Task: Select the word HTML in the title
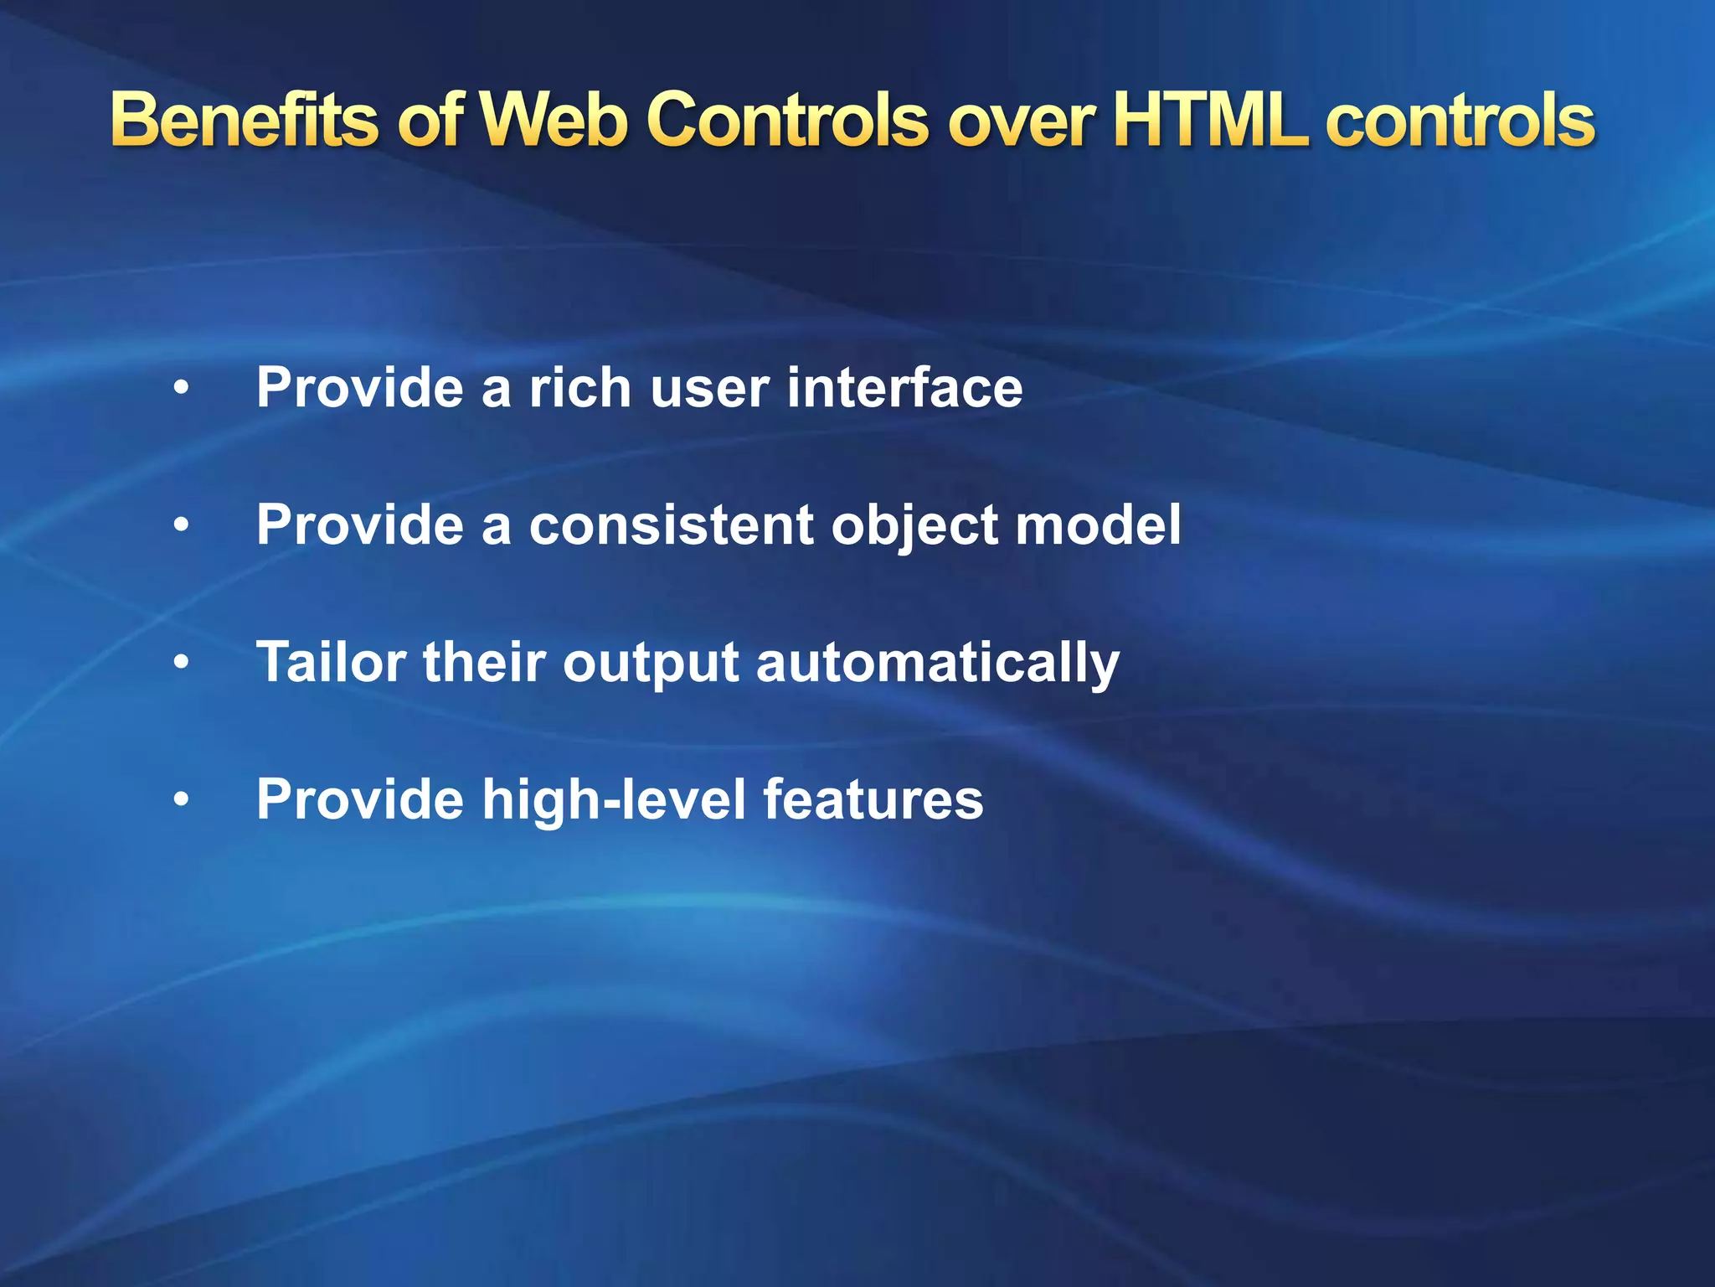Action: coord(1210,121)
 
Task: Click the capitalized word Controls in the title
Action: coord(787,121)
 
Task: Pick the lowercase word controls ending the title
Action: coord(1460,121)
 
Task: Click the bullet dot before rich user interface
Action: coord(182,389)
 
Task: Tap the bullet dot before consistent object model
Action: coord(182,526)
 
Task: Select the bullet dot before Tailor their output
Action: coord(182,663)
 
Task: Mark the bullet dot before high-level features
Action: coord(182,800)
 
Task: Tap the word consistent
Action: coord(670,525)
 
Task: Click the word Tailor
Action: coord(332,662)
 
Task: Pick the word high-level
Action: coord(613,799)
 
